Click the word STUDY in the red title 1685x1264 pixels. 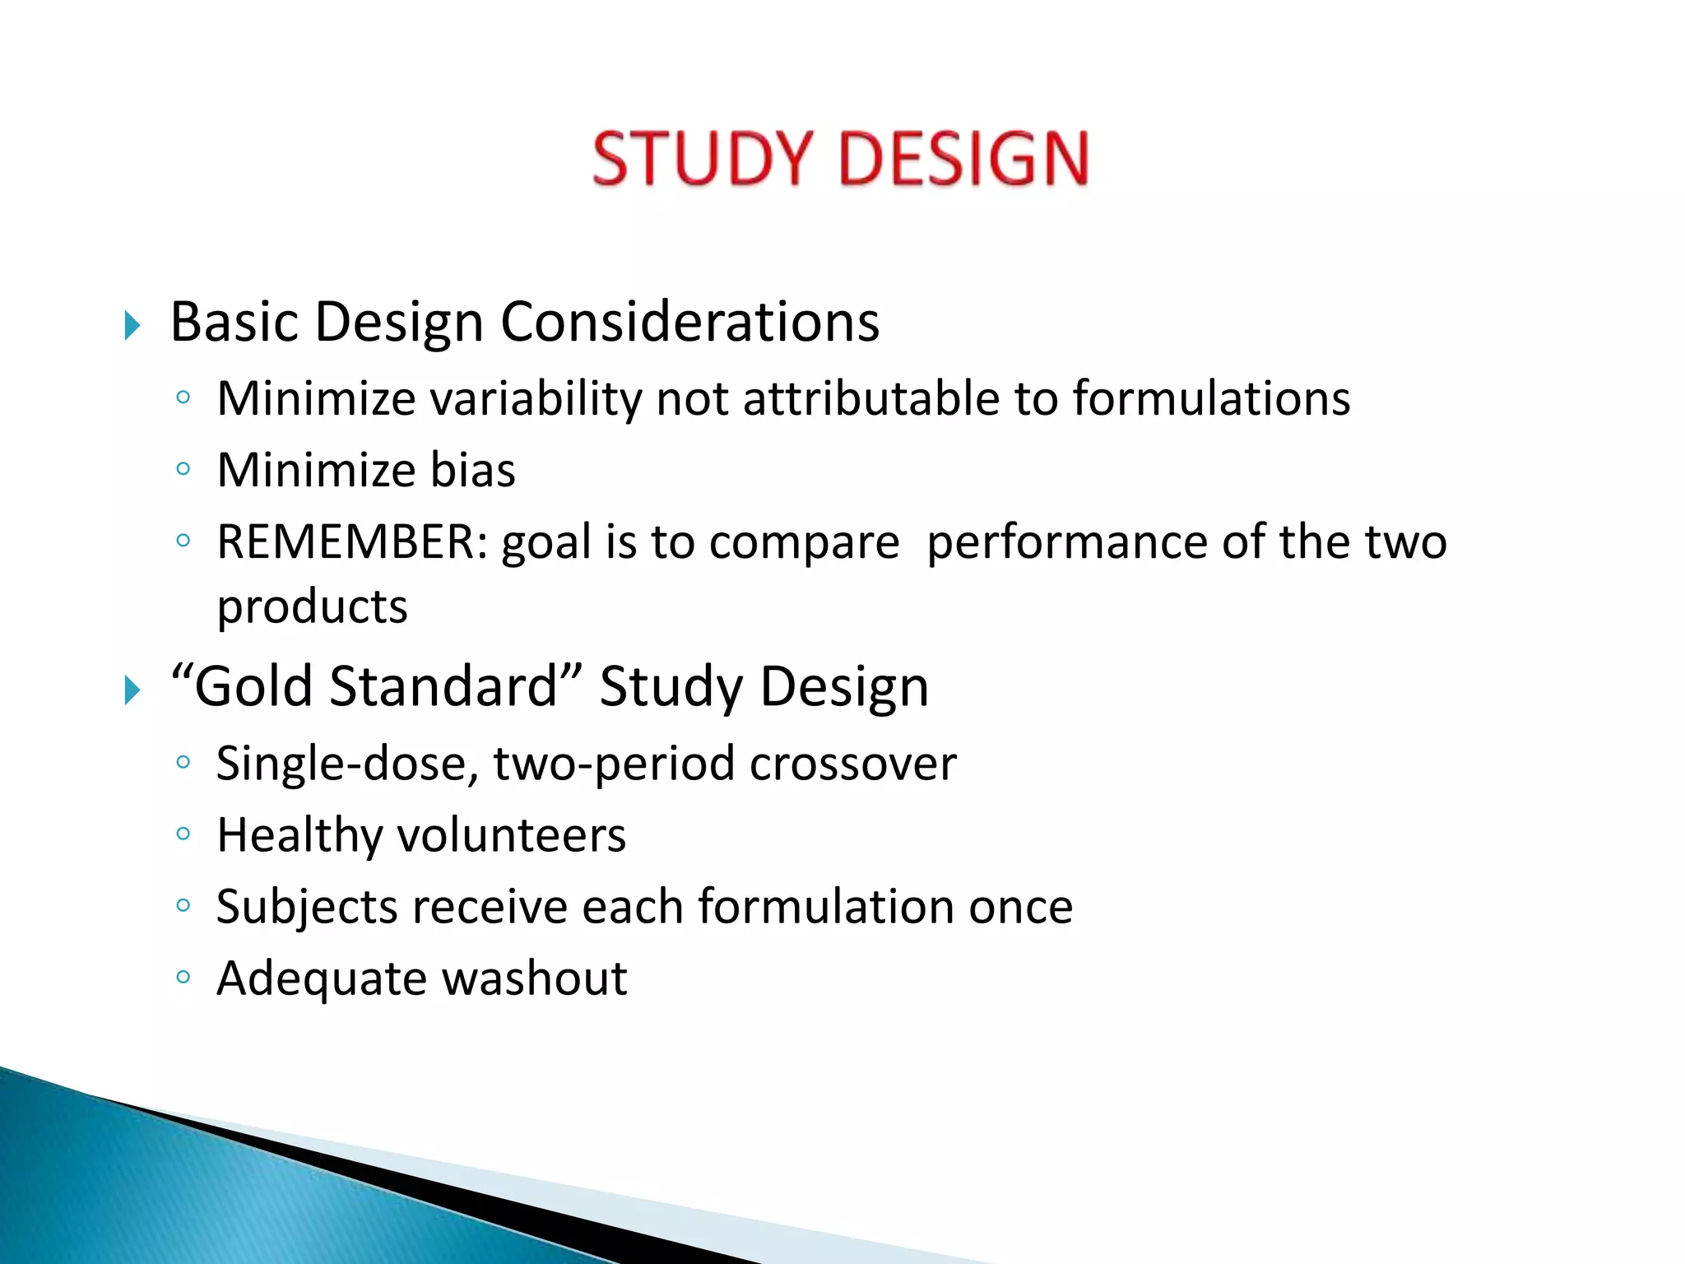coord(702,158)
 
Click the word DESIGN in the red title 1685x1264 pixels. coord(963,158)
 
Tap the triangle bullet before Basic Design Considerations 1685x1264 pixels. coord(132,326)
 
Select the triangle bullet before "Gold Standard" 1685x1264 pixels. coord(132,690)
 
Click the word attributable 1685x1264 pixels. coord(871,400)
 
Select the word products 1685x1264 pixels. coord(312,608)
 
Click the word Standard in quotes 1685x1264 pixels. coord(444,686)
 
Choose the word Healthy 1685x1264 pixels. coord(299,836)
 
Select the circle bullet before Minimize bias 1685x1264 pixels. coord(183,470)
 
